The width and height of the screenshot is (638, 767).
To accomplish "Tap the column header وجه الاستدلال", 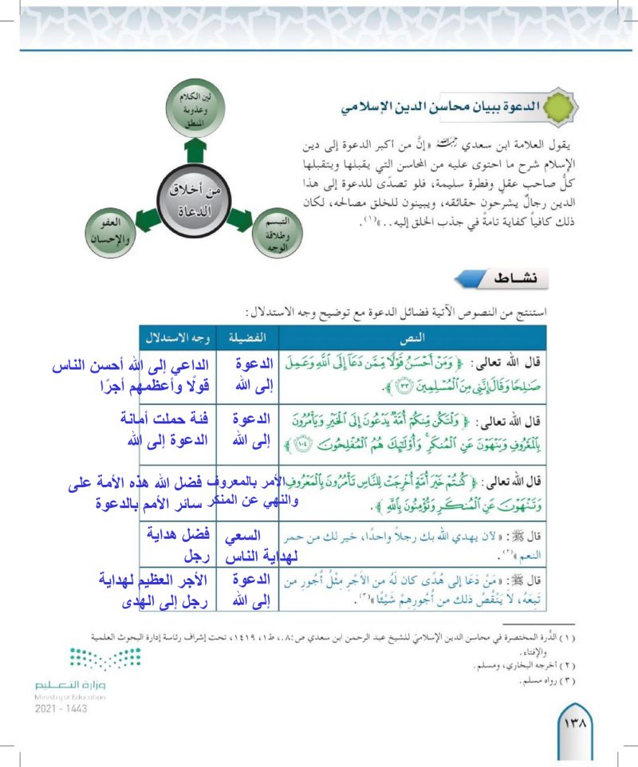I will click(170, 334).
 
